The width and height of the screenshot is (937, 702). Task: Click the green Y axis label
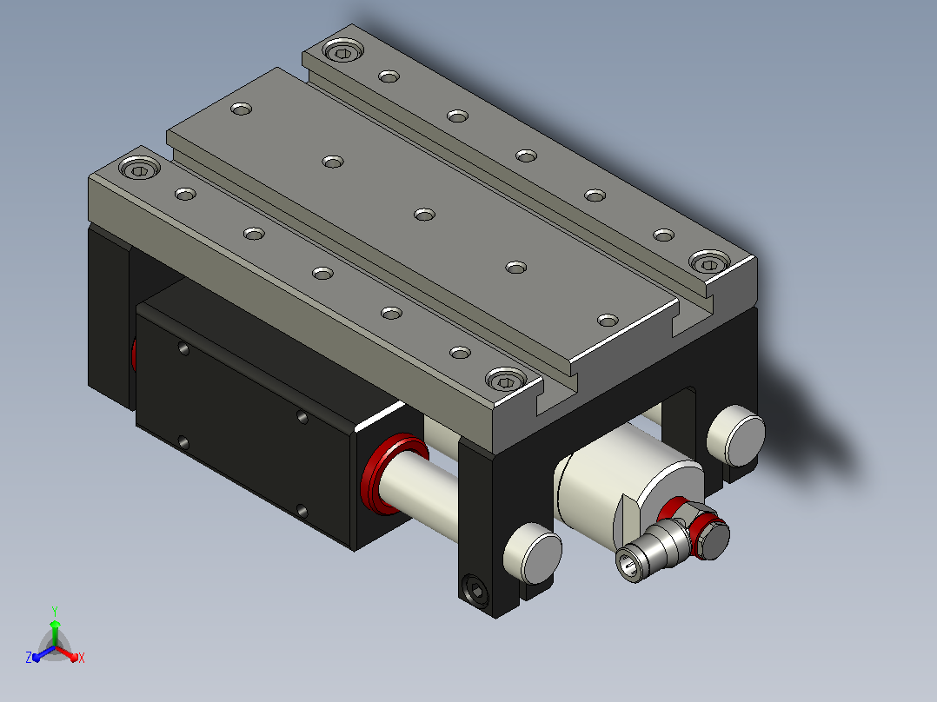55,611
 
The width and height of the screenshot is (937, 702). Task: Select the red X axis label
82,658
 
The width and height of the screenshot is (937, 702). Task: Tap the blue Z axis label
29,657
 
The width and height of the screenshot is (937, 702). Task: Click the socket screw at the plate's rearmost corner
343,50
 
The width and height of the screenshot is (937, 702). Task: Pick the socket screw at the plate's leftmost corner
140,168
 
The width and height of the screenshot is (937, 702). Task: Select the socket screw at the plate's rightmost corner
710,262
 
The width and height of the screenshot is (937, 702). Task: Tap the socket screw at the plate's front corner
507,380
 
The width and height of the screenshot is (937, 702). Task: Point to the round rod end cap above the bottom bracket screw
533,553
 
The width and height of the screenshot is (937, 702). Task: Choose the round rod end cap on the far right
736,435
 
